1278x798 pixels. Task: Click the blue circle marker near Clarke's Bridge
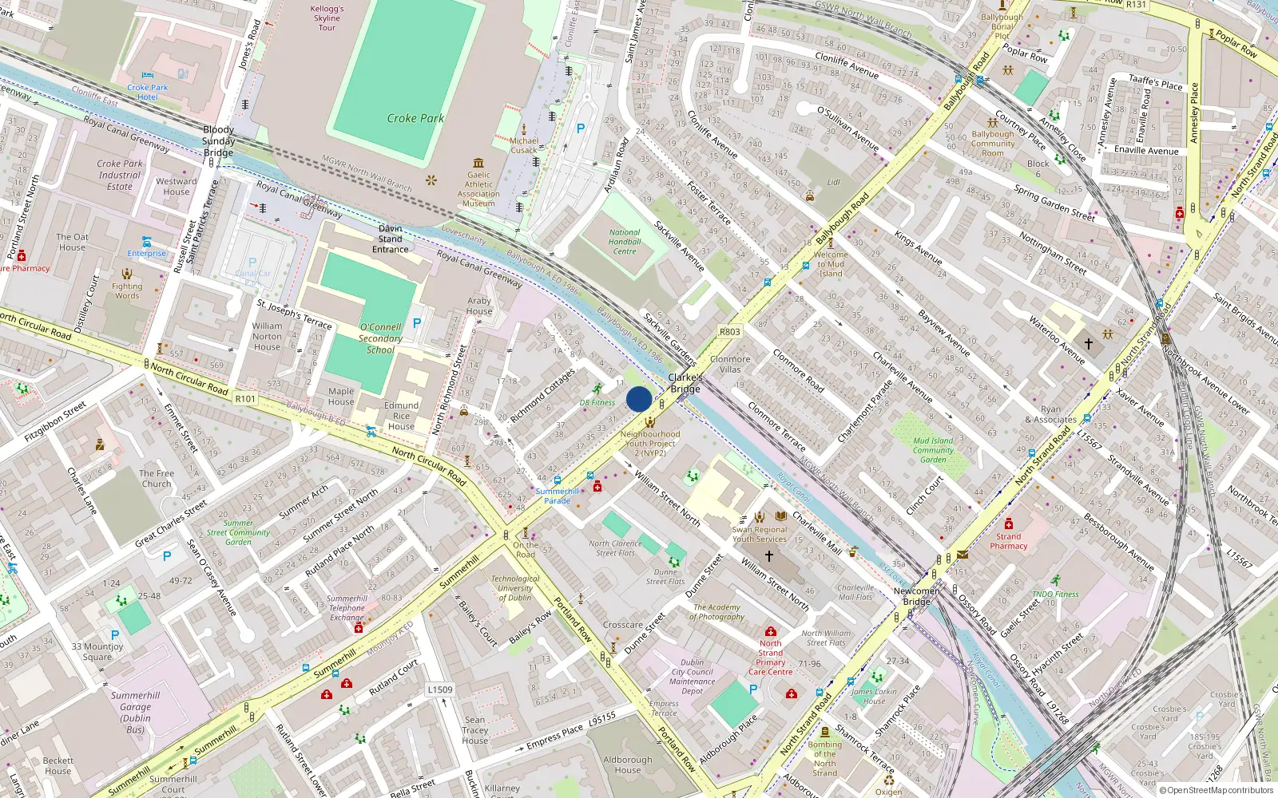click(x=639, y=399)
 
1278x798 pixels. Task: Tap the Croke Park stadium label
click(x=415, y=118)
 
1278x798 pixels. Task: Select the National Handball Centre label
click(x=625, y=242)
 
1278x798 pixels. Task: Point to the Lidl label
click(x=833, y=182)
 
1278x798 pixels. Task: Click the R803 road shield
click(x=729, y=331)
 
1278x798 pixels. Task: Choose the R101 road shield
click(x=245, y=398)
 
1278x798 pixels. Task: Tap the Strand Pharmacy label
click(x=1008, y=541)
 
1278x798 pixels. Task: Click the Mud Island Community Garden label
click(x=933, y=450)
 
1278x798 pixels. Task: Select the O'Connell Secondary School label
click(x=380, y=338)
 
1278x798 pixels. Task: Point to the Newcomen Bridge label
click(x=916, y=596)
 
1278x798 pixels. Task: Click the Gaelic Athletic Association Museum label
click(x=478, y=189)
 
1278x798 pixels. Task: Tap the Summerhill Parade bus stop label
click(x=557, y=496)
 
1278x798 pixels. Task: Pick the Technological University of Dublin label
click(x=515, y=588)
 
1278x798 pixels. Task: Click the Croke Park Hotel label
click(x=148, y=92)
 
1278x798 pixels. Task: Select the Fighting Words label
click(x=127, y=290)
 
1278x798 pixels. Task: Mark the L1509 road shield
click(x=439, y=689)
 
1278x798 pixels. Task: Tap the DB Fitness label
click(x=597, y=402)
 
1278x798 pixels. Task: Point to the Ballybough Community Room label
click(x=993, y=144)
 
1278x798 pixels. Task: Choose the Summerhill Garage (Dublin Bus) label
click(x=136, y=712)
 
